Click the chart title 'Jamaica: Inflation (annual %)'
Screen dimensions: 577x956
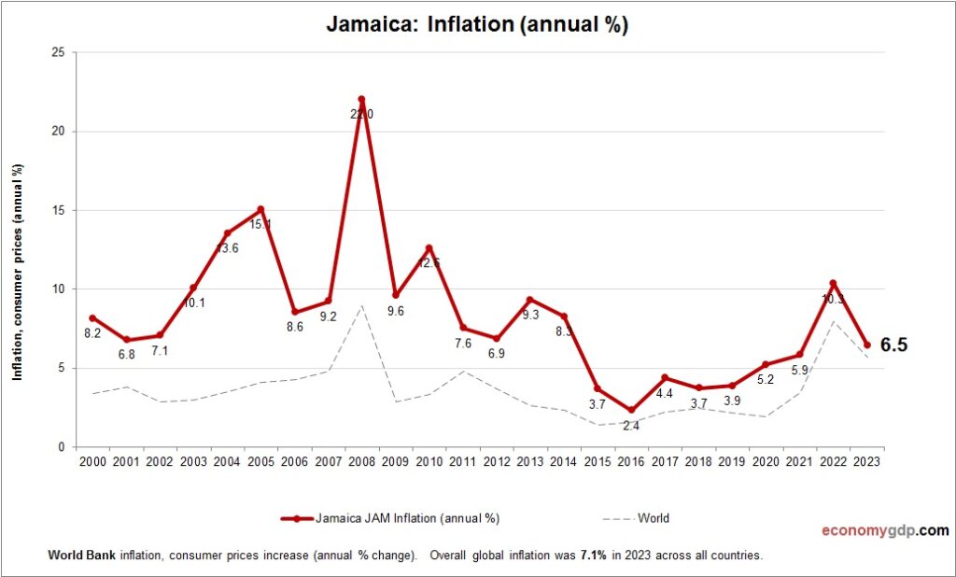(x=477, y=25)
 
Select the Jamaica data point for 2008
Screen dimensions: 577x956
(x=361, y=99)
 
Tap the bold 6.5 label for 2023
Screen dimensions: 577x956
(x=893, y=345)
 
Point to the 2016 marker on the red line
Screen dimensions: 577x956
(x=631, y=410)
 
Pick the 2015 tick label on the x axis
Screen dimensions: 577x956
(x=597, y=462)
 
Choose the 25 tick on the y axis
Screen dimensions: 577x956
(x=58, y=52)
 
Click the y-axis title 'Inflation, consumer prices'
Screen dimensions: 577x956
(x=17, y=272)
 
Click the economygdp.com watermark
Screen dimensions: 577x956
(x=884, y=531)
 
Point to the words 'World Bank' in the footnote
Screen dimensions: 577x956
(x=75, y=556)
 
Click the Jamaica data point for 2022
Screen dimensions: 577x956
(x=833, y=284)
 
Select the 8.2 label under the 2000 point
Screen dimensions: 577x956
(x=92, y=333)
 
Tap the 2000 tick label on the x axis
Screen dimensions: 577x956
(x=92, y=462)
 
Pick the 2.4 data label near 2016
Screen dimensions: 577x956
(x=631, y=426)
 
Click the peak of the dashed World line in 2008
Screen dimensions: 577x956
(x=361, y=305)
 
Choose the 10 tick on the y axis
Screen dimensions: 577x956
(x=58, y=289)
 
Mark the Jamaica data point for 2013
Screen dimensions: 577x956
(x=530, y=300)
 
